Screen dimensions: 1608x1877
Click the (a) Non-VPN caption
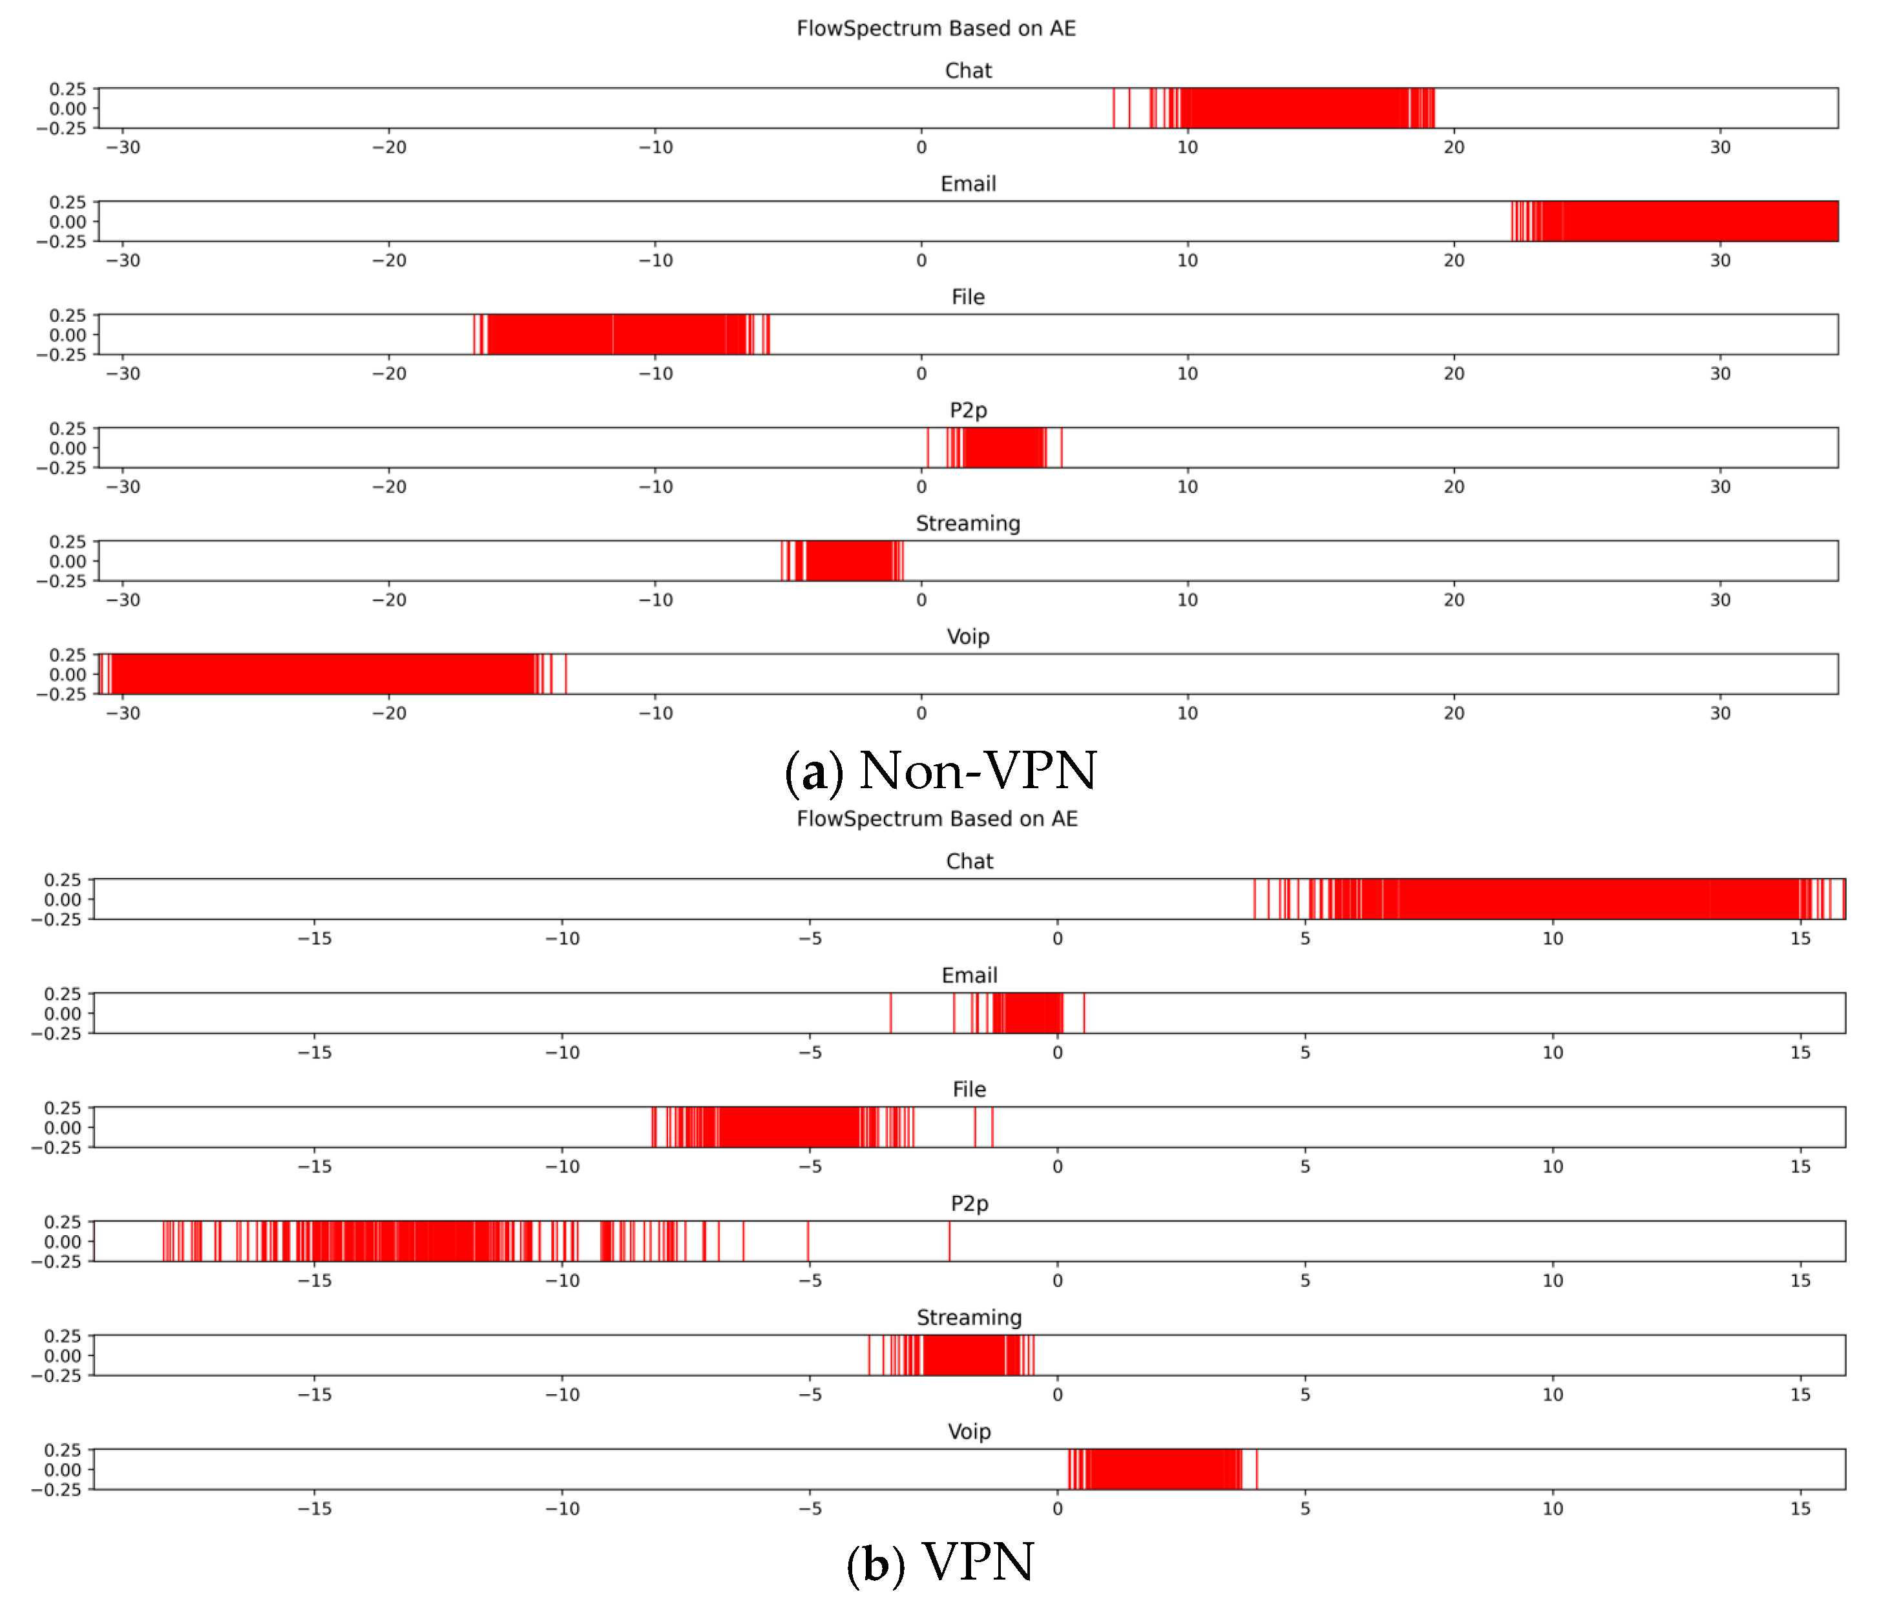[x=940, y=772]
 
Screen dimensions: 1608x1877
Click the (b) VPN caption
[x=940, y=1563]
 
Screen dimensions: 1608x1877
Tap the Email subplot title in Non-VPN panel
[x=967, y=184]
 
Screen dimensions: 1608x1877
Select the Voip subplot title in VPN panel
[x=969, y=1432]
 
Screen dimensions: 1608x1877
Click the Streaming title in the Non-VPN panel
[x=967, y=524]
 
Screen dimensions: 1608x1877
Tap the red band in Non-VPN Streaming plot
[x=848, y=561]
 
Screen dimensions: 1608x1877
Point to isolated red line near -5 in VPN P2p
[x=808, y=1241]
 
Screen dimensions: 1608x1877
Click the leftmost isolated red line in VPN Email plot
[x=890, y=1013]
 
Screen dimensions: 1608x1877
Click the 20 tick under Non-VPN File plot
[x=1453, y=374]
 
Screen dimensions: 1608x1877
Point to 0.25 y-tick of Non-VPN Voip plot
[x=67, y=655]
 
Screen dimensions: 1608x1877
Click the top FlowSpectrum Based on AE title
[x=936, y=28]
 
